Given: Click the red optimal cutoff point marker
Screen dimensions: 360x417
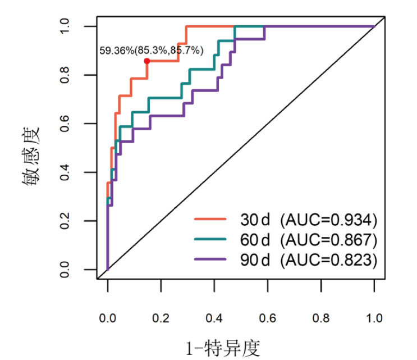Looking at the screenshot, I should click(146, 61).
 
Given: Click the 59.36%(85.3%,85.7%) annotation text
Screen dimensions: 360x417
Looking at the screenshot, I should click(152, 51).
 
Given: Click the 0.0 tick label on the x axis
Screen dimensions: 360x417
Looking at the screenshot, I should click(107, 318).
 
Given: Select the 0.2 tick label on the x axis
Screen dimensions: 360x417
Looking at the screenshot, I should click(161, 318).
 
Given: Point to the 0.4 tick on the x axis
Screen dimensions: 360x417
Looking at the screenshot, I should click(214, 318).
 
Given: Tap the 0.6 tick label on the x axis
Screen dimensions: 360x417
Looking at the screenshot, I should click(267, 318).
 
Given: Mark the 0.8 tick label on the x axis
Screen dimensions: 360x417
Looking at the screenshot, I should click(320, 318).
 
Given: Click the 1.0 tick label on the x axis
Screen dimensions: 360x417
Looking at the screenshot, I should click(374, 318).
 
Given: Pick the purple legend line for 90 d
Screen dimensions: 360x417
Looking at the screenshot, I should click(210, 259).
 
